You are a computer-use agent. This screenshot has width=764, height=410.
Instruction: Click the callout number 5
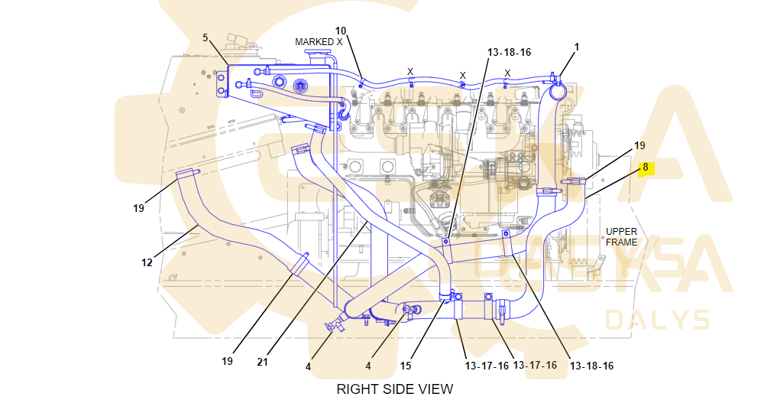click(x=205, y=37)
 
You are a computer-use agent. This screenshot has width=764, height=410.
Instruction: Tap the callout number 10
click(x=341, y=31)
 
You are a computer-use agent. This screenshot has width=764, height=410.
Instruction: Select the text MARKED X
click(x=319, y=42)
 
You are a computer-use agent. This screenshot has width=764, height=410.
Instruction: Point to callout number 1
click(x=577, y=47)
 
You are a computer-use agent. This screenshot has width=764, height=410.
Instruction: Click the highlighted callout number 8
click(x=646, y=168)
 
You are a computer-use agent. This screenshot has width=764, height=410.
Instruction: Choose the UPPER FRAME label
click(x=621, y=236)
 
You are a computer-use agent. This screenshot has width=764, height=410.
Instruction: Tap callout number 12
click(x=147, y=262)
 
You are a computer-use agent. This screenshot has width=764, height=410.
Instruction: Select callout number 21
click(x=262, y=362)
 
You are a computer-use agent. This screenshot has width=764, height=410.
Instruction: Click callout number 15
click(x=406, y=366)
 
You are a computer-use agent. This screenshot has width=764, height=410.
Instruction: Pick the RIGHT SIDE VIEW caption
click(x=395, y=389)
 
